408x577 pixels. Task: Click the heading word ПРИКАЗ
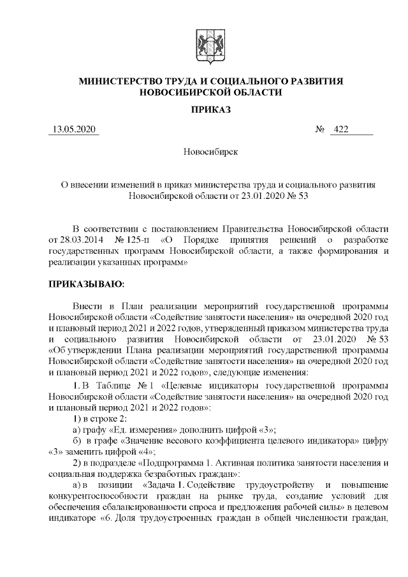click(210, 109)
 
